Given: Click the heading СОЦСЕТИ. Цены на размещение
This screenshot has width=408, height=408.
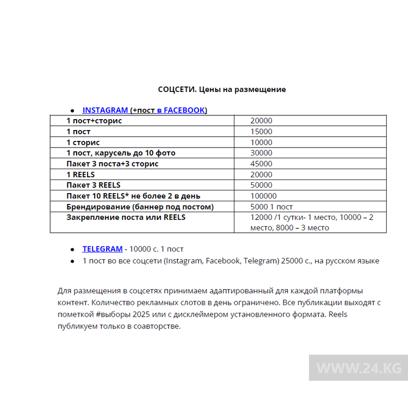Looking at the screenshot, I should (221, 89).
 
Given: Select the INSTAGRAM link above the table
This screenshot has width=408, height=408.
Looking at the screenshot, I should (105, 110).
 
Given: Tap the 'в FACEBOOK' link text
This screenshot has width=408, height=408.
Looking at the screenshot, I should (181, 110).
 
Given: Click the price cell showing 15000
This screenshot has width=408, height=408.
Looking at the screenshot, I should (261, 132).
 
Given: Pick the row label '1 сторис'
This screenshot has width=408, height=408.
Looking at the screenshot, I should (83, 143).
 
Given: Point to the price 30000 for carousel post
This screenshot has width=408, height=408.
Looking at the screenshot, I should (261, 153).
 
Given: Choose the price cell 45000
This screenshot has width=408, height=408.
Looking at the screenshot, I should (261, 164).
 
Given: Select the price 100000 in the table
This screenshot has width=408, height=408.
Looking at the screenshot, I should (263, 196).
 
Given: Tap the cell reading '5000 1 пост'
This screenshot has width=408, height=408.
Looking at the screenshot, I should (271, 207).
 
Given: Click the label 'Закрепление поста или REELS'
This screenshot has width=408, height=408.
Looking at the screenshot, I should (126, 217).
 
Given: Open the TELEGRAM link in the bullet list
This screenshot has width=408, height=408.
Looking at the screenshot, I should (102, 249).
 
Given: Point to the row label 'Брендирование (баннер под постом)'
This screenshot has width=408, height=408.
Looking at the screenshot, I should (140, 207).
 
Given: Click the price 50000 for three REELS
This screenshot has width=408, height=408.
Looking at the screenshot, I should (261, 185).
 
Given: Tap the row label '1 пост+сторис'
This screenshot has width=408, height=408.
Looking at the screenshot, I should (94, 121).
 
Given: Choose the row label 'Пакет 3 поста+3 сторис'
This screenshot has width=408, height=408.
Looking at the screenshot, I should (113, 164).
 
